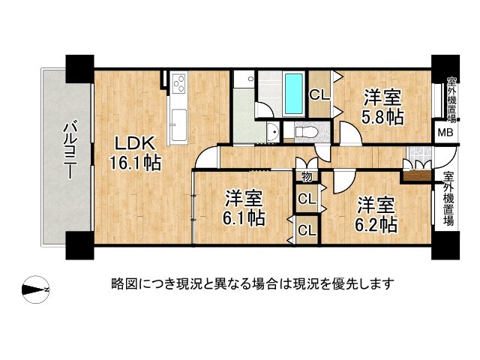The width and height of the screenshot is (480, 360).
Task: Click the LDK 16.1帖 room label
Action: [x=135, y=153]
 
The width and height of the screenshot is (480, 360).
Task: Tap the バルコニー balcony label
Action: [x=70, y=150]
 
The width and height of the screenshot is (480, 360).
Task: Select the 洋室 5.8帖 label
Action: [x=382, y=106]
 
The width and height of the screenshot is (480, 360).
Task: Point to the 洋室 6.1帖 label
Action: [x=244, y=208]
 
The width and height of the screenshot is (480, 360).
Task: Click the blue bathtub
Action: [x=294, y=93]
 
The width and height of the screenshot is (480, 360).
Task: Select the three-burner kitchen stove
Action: [x=178, y=83]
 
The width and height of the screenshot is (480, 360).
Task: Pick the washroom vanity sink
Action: [x=273, y=132]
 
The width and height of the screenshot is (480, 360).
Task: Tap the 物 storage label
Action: [x=307, y=177]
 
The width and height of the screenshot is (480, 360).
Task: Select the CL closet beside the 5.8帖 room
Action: [x=319, y=95]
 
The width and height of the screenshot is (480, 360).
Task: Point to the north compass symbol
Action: [x=36, y=289]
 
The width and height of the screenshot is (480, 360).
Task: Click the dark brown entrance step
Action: [x=418, y=176]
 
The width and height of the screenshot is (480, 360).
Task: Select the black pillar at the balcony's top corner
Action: [x=80, y=68]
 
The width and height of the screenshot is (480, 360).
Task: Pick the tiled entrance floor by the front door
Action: [x=420, y=154]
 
